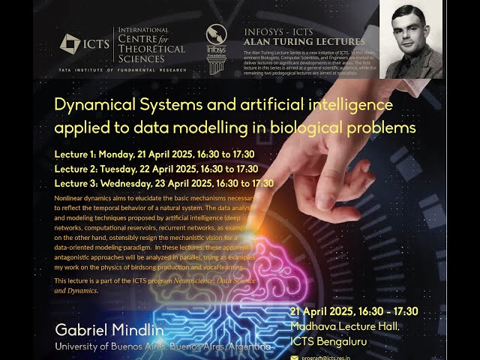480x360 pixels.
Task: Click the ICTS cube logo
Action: pyautogui.click(x=70, y=43)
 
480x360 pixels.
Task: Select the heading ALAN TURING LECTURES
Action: pyautogui.click(x=304, y=42)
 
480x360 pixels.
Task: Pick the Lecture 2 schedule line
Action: pyautogui.click(x=156, y=169)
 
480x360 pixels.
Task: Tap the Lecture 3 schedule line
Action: pyautogui.click(x=163, y=183)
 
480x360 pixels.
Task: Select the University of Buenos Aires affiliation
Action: pyautogui.click(x=162, y=346)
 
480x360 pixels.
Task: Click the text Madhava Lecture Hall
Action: pyautogui.click(x=344, y=326)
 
